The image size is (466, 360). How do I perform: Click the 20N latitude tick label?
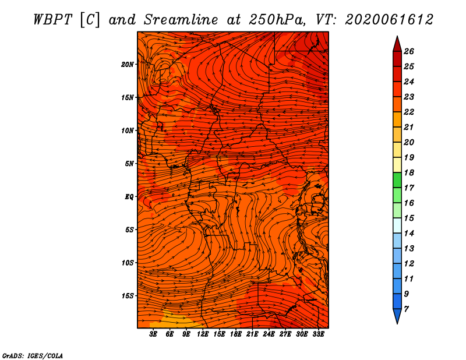(x=128, y=65)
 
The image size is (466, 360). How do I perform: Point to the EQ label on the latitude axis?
(x=129, y=197)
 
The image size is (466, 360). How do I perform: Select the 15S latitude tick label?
(x=128, y=296)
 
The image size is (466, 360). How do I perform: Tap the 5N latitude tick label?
(x=129, y=164)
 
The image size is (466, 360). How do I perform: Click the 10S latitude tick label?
(x=128, y=263)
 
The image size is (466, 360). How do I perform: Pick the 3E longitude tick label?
(x=153, y=334)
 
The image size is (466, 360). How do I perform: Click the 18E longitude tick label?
(x=236, y=334)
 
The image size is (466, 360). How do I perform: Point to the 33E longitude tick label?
(x=318, y=334)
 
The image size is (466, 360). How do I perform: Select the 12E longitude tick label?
(x=203, y=334)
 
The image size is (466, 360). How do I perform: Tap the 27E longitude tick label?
(x=285, y=334)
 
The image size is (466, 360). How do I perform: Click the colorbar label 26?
(x=409, y=51)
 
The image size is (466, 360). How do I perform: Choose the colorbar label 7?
(x=406, y=309)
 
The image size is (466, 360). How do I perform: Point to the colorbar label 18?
(x=409, y=172)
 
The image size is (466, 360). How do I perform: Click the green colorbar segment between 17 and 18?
(x=397, y=180)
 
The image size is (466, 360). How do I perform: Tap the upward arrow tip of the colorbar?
(x=397, y=36)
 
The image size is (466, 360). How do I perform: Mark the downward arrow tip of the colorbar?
(x=397, y=324)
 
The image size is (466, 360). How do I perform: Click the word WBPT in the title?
(x=52, y=20)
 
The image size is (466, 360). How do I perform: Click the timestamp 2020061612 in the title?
(x=389, y=20)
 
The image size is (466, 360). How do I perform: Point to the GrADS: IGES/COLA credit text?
(x=33, y=355)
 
